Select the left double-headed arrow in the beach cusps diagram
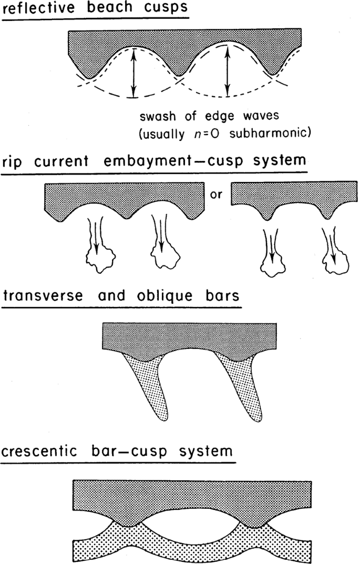point(134,72)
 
